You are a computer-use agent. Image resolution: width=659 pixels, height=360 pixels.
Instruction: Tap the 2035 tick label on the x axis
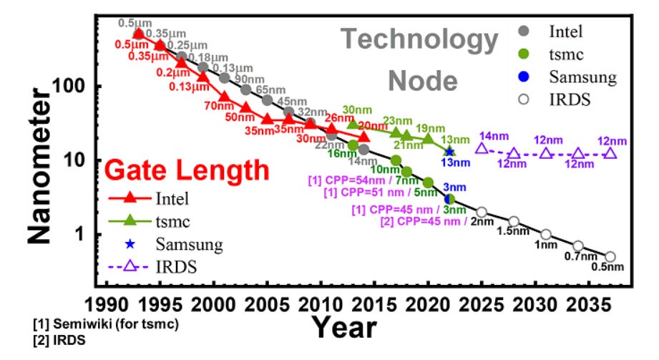click(588, 304)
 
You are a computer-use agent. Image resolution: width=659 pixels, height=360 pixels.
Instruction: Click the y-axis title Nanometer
click(39, 166)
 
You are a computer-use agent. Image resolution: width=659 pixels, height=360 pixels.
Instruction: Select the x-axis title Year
click(343, 328)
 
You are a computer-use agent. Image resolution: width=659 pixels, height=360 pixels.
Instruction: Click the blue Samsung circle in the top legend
click(524, 77)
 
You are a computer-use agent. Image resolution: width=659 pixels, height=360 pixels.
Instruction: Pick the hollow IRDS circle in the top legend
click(524, 99)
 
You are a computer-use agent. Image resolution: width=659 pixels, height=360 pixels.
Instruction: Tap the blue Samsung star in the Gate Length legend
click(130, 244)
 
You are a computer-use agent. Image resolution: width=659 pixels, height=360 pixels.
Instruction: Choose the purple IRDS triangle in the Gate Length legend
click(130, 266)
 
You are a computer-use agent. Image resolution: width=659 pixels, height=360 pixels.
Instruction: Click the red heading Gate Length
click(187, 170)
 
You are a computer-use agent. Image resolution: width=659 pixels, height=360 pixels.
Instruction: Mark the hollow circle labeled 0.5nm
click(610, 256)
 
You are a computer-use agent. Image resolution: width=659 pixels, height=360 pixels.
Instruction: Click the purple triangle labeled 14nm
click(482, 148)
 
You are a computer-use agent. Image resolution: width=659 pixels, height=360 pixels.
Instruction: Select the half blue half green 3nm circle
click(449, 198)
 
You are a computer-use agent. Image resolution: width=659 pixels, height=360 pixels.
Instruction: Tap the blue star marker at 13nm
click(449, 152)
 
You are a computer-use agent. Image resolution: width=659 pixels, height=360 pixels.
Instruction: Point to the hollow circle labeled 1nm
click(546, 234)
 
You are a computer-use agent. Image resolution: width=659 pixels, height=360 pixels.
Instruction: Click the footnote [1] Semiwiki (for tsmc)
click(106, 324)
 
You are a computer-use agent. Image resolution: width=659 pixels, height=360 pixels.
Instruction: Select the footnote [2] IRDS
click(59, 340)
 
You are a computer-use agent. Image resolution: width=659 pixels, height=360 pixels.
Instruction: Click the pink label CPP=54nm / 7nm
click(363, 180)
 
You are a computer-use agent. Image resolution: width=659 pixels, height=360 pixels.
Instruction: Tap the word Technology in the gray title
click(419, 39)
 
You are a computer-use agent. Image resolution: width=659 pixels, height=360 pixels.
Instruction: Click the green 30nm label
click(357, 110)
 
